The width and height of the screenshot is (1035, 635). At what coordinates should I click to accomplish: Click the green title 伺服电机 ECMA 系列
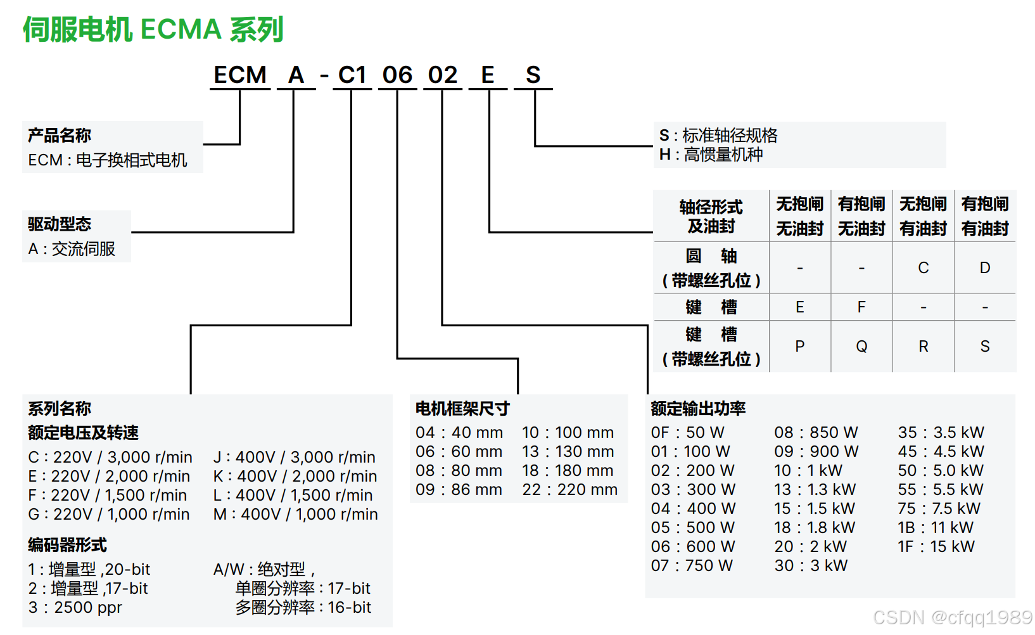pyautogui.click(x=153, y=30)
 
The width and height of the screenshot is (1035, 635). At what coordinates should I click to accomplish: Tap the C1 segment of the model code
pyautogui.click(x=352, y=75)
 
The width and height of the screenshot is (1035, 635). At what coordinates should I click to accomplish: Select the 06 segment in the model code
pyautogui.click(x=397, y=75)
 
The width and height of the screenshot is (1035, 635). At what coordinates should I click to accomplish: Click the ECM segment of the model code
pyautogui.click(x=240, y=75)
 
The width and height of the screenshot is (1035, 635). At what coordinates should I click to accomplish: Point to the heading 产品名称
pyautogui.click(x=60, y=135)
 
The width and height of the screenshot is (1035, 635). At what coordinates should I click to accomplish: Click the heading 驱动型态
pyautogui.click(x=60, y=224)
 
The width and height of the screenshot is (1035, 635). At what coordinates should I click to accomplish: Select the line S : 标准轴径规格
pyautogui.click(x=718, y=135)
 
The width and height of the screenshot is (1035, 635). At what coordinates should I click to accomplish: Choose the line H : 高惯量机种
pyautogui.click(x=711, y=155)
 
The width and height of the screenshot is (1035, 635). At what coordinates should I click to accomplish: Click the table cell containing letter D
pyautogui.click(x=984, y=268)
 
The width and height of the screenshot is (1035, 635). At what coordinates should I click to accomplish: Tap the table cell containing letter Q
pyautogui.click(x=861, y=347)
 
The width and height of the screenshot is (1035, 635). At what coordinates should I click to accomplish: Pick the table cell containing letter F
pyautogui.click(x=861, y=307)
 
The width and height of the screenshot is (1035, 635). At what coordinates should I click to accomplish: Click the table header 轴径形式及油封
pyautogui.click(x=711, y=216)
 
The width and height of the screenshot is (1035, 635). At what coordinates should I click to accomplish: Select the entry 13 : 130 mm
pyautogui.click(x=568, y=452)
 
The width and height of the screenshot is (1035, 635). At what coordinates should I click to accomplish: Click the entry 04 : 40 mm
pyautogui.click(x=459, y=433)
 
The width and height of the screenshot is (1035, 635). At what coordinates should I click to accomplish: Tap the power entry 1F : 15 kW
pyautogui.click(x=936, y=547)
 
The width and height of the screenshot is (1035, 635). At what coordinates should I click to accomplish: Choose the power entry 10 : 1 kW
pyautogui.click(x=808, y=471)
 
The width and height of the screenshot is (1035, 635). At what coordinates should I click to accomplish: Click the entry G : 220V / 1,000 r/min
pyautogui.click(x=109, y=515)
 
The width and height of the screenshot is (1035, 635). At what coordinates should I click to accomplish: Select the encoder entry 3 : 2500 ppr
pyautogui.click(x=75, y=608)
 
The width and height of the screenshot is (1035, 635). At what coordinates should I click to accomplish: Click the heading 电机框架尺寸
pyautogui.click(x=462, y=409)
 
